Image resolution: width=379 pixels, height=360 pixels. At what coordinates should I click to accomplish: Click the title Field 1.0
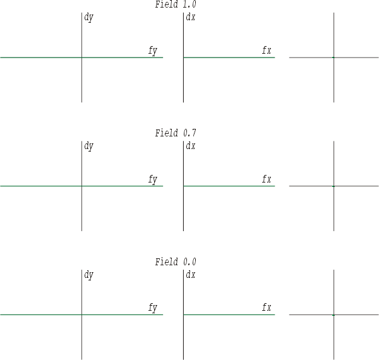point(176,4)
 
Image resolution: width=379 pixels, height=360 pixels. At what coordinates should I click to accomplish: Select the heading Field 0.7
point(176,133)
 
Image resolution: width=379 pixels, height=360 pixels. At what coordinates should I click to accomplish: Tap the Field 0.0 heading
point(176,261)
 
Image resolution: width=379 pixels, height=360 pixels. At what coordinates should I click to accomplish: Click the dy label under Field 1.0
point(88,18)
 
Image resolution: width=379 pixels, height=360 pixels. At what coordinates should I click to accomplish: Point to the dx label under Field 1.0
point(191,17)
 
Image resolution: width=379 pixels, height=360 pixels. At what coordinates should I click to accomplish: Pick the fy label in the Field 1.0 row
point(153,51)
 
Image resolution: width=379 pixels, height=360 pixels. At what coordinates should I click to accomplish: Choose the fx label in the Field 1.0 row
point(267,50)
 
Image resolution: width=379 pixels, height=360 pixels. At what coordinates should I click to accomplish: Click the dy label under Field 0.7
point(88,147)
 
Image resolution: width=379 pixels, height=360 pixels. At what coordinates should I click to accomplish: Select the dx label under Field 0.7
point(191,146)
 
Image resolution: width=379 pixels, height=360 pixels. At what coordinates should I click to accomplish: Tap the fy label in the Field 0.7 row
point(153,179)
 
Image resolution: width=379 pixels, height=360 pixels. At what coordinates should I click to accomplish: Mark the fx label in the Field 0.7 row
point(267,179)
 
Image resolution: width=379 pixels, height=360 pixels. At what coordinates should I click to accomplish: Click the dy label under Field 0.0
point(88,275)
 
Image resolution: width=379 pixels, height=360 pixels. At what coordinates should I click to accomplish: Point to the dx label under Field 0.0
point(191,275)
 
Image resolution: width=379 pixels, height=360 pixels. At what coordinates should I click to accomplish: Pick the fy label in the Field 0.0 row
point(153,308)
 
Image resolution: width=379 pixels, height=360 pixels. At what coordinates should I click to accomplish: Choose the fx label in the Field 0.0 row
point(267,308)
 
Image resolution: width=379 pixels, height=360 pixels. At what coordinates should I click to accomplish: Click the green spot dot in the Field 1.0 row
point(334,57)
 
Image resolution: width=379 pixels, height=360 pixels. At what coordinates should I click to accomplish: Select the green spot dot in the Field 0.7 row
point(334,186)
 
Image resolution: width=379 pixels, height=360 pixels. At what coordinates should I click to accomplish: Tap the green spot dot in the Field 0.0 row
point(334,315)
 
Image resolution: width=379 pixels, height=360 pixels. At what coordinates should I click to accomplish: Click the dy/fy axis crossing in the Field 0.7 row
point(81,186)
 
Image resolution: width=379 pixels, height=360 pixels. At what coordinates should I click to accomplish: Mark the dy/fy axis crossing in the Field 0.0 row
point(81,315)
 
